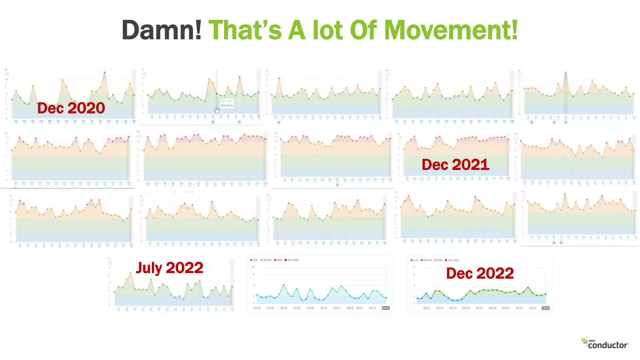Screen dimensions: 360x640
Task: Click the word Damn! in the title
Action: point(162,30)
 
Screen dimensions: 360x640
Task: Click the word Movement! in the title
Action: point(451,30)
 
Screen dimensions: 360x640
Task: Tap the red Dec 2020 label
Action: point(71,108)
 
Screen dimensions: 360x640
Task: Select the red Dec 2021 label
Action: point(455,165)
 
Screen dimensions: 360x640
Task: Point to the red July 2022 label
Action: point(169,268)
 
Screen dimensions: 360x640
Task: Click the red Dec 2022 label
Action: point(480,273)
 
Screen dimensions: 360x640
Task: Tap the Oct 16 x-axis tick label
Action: point(257,308)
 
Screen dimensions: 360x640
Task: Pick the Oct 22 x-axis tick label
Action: point(283,308)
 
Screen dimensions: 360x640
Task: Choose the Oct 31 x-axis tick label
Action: point(323,308)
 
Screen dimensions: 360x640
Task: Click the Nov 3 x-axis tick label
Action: point(337,308)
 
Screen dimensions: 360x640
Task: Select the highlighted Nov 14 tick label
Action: point(386,308)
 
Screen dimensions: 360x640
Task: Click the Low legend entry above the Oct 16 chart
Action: point(254,260)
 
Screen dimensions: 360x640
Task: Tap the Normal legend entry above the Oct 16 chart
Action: point(266,260)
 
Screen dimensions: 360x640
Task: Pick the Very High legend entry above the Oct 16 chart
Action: point(292,260)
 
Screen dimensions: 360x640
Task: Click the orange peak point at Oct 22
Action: point(283,285)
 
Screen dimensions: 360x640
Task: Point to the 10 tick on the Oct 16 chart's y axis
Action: point(253,267)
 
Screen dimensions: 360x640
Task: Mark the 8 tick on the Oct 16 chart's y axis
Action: point(253,274)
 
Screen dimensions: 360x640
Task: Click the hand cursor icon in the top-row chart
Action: point(217,110)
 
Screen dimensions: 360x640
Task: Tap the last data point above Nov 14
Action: point(386,298)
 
